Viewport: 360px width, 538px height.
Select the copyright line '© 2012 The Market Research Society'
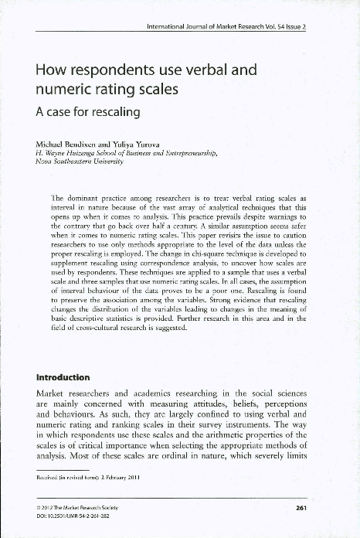coord(77,507)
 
